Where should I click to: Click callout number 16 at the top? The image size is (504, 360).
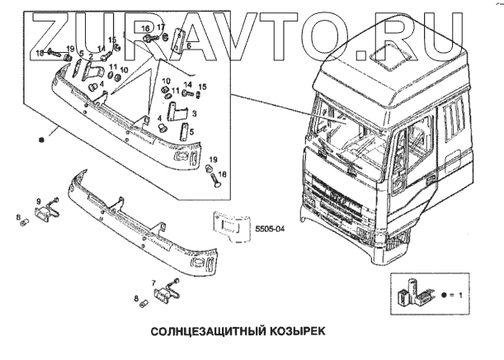[x=145, y=28]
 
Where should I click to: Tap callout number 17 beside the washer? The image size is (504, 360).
[x=161, y=28]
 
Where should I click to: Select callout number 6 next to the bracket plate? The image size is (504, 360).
[x=188, y=46]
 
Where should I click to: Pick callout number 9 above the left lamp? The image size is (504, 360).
[x=38, y=201]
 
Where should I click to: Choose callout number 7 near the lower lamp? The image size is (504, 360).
[x=153, y=283]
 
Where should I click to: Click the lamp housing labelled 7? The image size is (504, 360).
[x=170, y=290]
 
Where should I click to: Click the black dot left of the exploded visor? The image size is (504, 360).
[x=40, y=140]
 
